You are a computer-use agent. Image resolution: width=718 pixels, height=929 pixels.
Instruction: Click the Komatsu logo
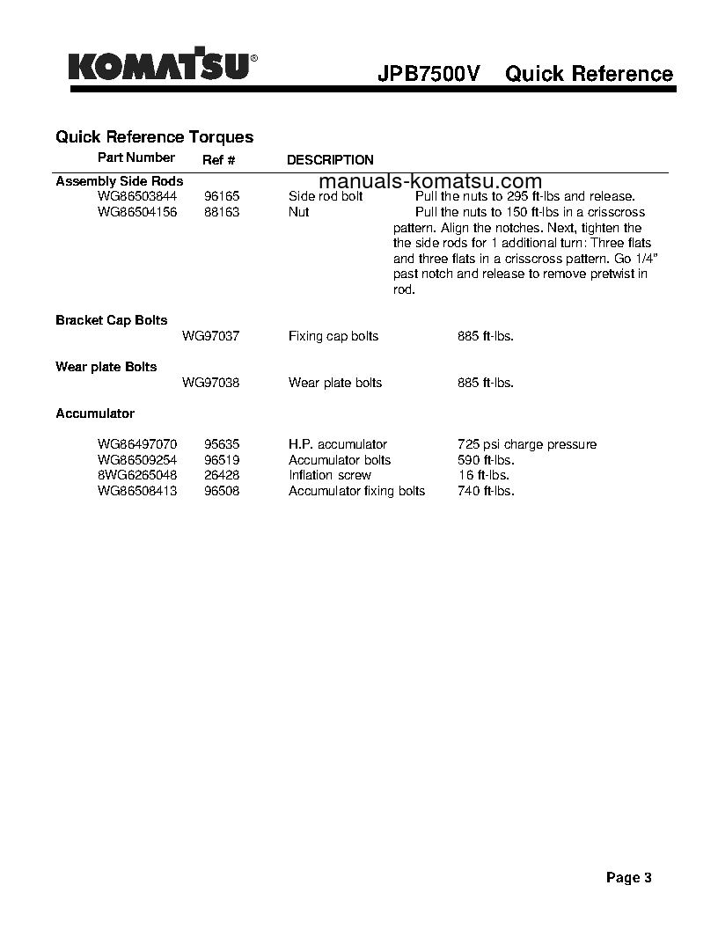coord(164,67)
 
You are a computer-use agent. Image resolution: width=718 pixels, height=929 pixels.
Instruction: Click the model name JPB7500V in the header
coord(429,74)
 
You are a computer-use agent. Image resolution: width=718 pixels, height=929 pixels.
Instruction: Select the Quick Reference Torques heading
coord(154,136)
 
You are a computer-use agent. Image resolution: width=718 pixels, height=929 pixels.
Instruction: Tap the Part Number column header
coord(136,157)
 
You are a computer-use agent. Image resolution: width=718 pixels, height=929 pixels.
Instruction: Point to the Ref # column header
coord(219,160)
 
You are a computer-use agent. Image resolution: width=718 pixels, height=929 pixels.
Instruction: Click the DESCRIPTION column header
coord(330,160)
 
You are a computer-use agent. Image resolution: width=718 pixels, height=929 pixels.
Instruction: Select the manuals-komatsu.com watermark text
coord(424,181)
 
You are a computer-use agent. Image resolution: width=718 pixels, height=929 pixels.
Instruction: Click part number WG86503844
coord(137,196)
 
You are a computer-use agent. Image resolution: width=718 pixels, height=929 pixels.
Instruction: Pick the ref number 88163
coord(222,212)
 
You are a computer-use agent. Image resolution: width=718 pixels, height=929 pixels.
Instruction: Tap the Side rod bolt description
coord(326,196)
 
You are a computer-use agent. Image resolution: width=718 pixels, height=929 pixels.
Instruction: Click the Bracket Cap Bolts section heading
coord(111,320)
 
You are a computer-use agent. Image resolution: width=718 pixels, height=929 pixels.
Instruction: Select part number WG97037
coord(210,336)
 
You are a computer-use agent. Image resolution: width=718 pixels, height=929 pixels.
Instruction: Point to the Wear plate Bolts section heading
coord(106,366)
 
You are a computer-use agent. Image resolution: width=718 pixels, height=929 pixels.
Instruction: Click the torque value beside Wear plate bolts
coord(486,383)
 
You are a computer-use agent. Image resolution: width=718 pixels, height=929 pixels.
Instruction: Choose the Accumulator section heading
coord(95,413)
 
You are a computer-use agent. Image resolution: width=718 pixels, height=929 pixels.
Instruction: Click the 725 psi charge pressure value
coord(527,444)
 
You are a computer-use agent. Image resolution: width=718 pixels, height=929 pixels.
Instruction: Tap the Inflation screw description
coord(330,475)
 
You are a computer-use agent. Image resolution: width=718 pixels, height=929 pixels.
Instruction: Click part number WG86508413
coord(137,491)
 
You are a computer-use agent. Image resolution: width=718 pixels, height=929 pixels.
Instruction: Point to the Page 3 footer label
coord(628,877)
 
